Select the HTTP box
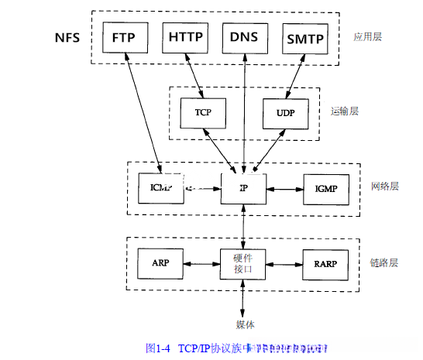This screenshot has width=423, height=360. click(186, 37)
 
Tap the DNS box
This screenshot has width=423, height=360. click(245, 37)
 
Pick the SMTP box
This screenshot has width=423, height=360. click(304, 37)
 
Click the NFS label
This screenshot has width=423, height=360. click(70, 38)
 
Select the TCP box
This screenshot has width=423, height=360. click(202, 113)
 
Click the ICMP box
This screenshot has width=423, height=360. click(159, 188)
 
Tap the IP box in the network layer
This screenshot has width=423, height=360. click(244, 188)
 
